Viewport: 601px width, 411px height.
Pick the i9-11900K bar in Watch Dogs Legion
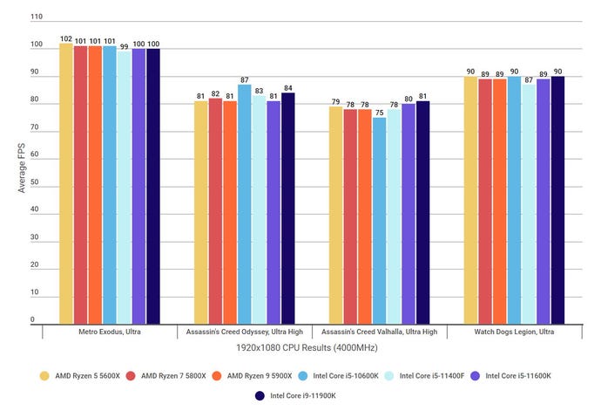pos(557,200)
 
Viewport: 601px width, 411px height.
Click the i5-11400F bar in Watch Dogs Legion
pos(529,204)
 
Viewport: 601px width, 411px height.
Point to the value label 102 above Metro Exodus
pos(66,38)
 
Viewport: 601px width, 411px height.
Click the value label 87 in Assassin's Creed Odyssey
pos(244,79)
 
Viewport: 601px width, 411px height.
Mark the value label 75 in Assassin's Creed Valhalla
pos(379,112)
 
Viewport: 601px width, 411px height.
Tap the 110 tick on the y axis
pos(34,17)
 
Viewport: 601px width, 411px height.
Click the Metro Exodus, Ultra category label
pos(109,332)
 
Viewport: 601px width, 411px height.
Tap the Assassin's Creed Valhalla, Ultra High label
pos(380,332)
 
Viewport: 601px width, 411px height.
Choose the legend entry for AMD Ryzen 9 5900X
pos(253,375)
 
